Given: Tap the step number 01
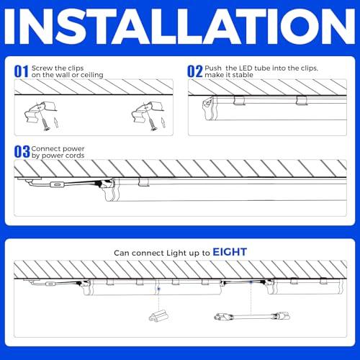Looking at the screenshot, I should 22,71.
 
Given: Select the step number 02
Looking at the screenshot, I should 195,71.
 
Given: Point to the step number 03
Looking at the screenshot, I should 22,152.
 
